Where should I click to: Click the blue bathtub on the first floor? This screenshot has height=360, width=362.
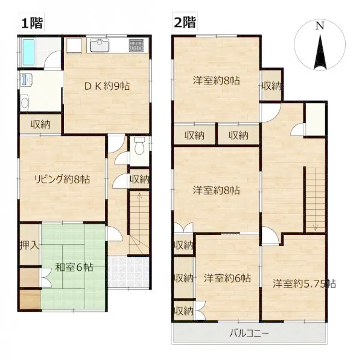pos(28,52)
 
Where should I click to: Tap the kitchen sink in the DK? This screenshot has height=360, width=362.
pos(100,45)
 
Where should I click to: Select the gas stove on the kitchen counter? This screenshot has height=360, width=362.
pos(136,45)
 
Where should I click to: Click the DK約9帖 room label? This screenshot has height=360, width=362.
pos(107,86)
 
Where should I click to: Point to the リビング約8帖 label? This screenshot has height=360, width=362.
pos(62,179)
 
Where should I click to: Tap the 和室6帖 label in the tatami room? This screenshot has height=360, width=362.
pos(74,267)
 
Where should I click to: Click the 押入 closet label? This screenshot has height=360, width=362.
pos(30,245)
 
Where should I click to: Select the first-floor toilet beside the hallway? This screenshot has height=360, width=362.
pos(139,145)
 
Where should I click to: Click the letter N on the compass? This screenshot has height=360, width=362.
pos(320,25)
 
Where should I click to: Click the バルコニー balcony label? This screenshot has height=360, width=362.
pos(249,333)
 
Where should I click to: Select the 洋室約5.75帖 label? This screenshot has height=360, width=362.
pos(304,283)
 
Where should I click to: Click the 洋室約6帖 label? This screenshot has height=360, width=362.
pos(227,279)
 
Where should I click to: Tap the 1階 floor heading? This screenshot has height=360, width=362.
pos(32,23)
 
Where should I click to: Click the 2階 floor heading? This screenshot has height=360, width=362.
pos(185,23)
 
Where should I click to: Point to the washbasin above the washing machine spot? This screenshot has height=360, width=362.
pos(27,80)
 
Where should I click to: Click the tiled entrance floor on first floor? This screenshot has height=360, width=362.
pos(129,271)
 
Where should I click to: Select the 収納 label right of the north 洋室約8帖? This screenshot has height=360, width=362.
pos(271,86)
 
